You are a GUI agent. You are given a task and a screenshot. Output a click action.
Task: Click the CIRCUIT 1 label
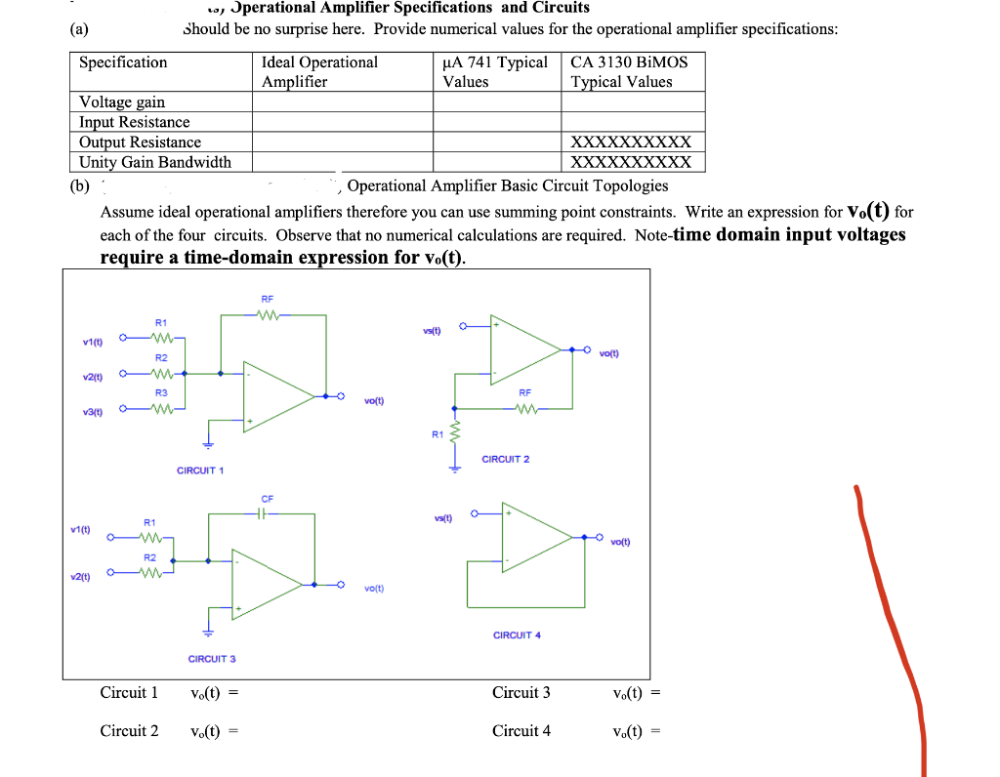(200, 470)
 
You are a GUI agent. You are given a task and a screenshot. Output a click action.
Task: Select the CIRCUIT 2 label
(506, 459)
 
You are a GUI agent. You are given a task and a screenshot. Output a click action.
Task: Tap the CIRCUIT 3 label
(212, 659)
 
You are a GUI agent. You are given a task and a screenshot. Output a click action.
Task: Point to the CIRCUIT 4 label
(517, 635)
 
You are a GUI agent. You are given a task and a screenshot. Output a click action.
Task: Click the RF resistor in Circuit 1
(267, 314)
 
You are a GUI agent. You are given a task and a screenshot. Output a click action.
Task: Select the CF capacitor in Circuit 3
(267, 513)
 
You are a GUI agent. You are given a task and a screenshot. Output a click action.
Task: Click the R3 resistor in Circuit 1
(162, 409)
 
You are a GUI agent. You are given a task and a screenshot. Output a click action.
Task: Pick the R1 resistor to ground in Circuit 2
(452, 433)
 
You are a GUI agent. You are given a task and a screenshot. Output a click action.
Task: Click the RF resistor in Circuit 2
(525, 409)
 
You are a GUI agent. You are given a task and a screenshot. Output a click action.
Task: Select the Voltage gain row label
(122, 102)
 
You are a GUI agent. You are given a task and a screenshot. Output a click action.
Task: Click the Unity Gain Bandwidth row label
(155, 162)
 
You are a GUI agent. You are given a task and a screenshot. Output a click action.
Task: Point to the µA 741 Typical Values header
(495, 72)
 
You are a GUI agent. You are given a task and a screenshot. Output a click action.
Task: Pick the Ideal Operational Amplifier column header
(319, 72)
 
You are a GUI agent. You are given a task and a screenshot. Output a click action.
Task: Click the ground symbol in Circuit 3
(206, 631)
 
